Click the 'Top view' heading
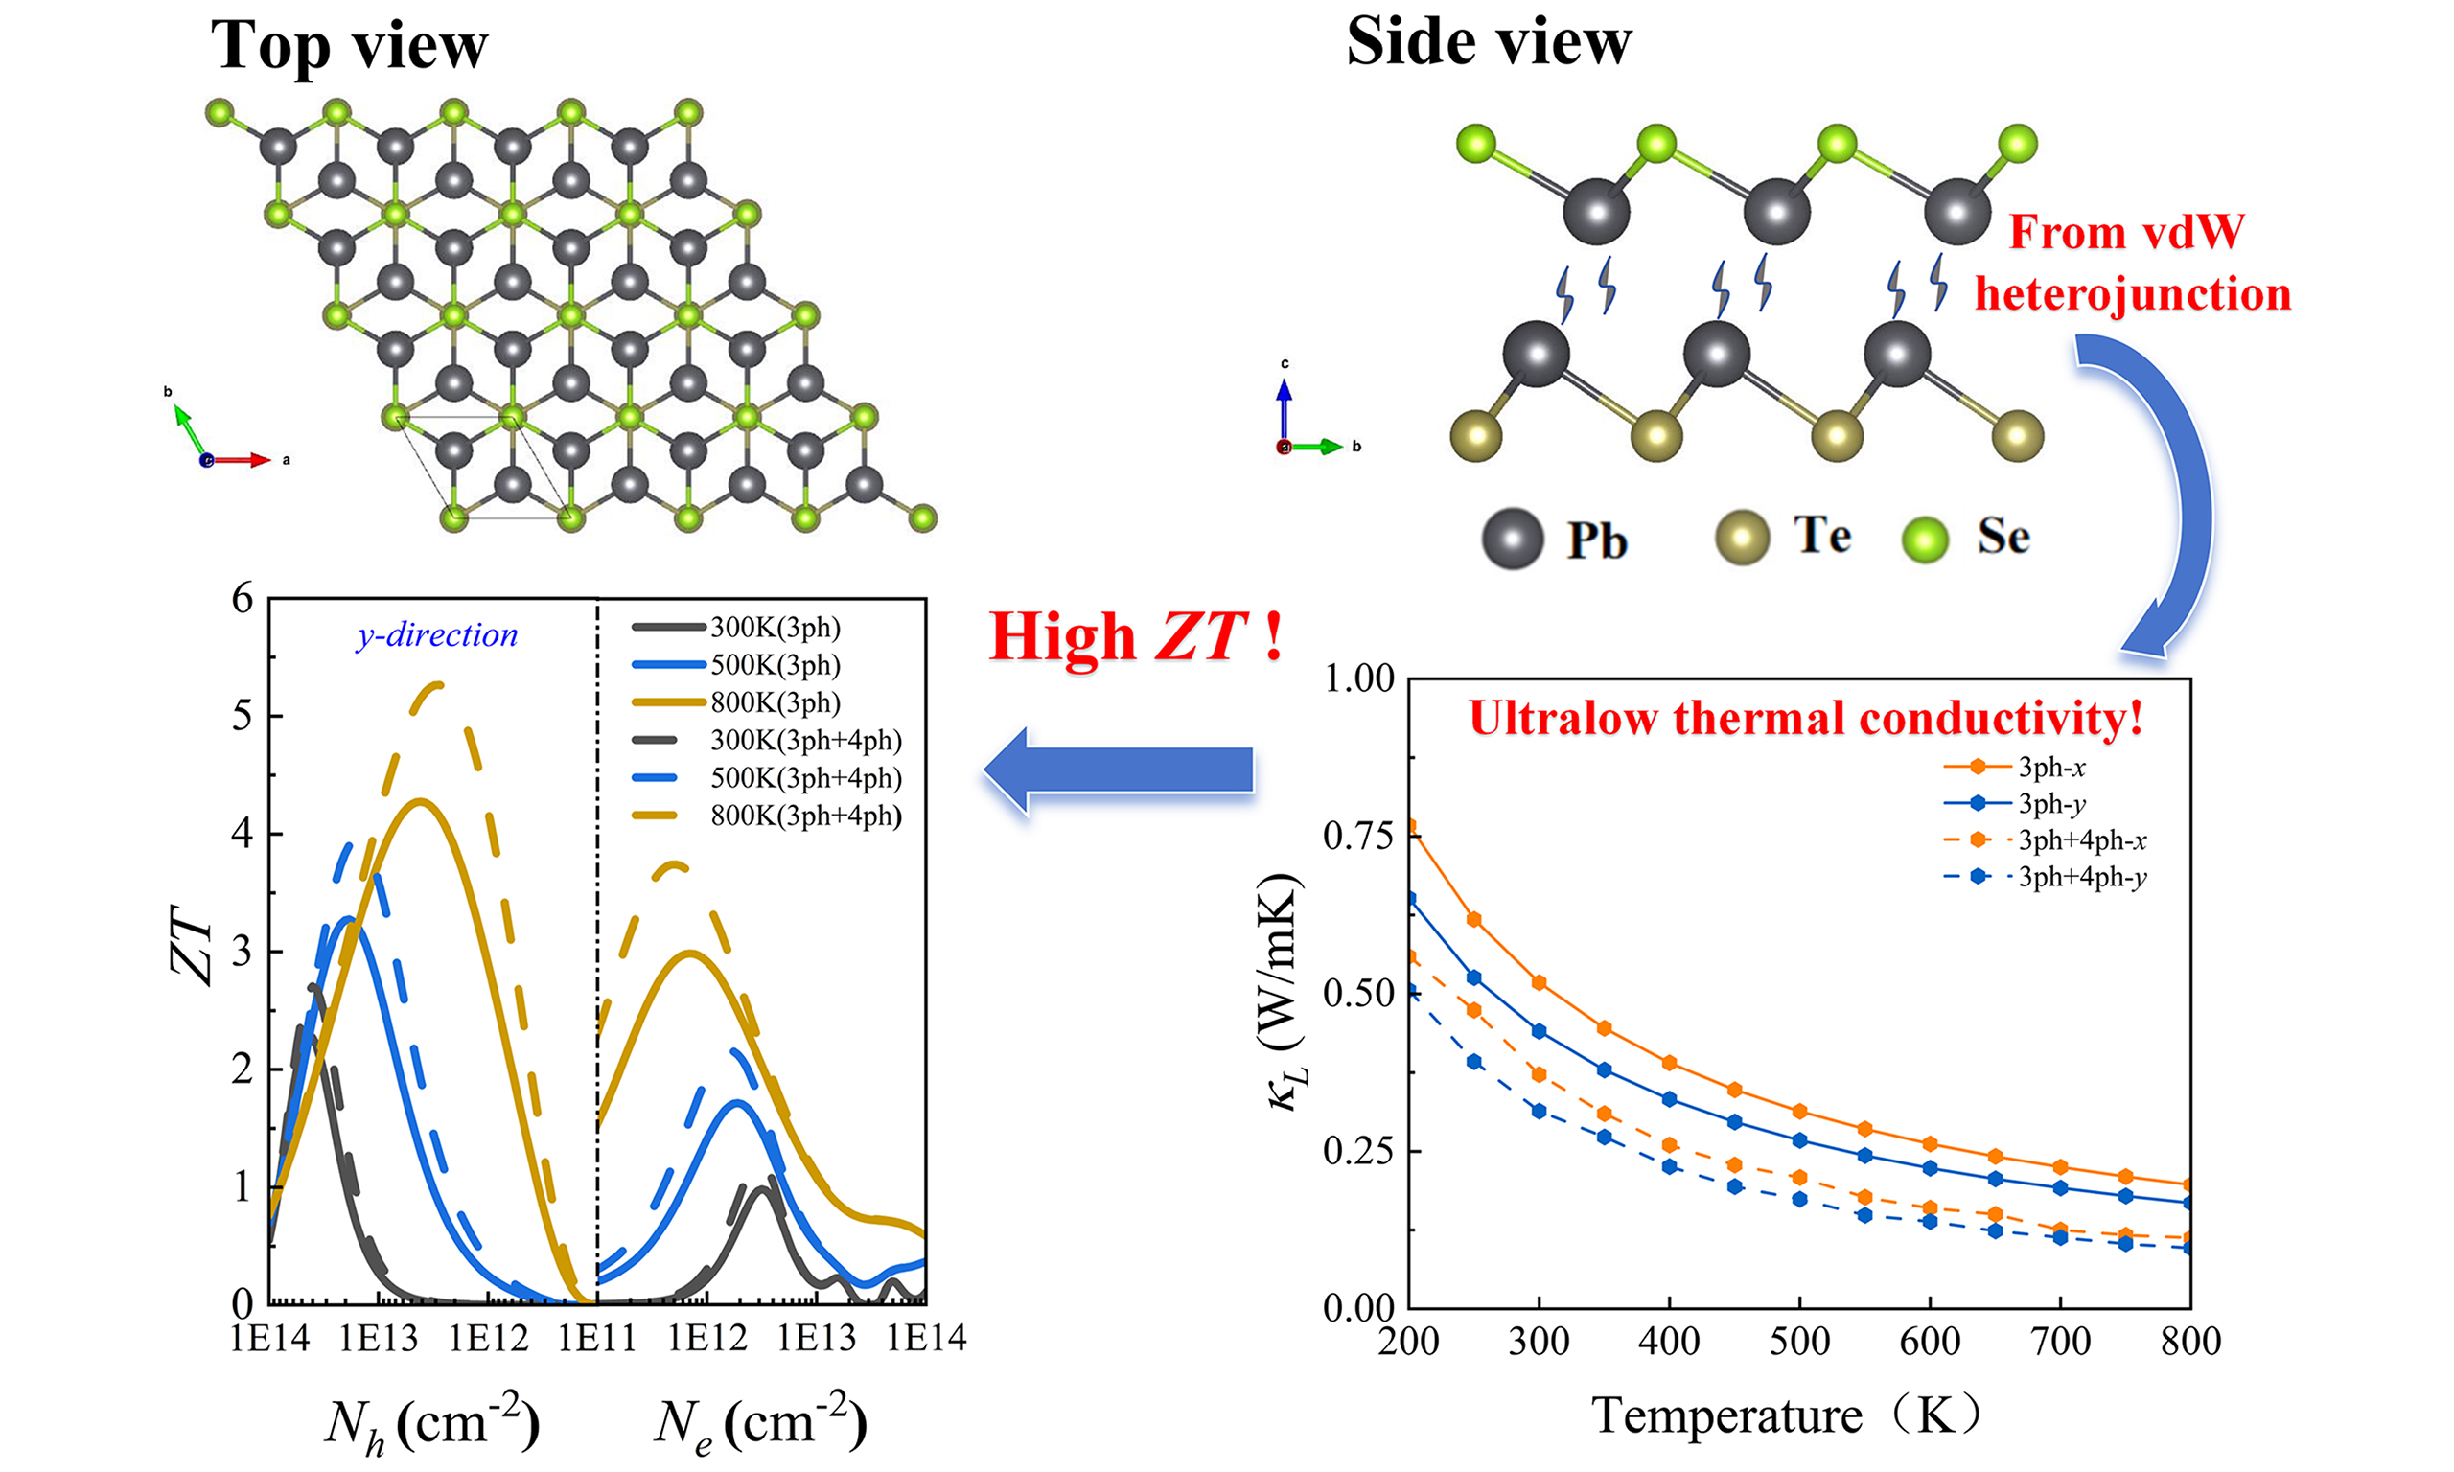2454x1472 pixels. pos(349,46)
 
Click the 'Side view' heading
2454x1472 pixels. pos(1488,43)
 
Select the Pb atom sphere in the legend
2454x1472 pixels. pos(1512,540)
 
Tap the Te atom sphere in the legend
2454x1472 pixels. pos(1742,538)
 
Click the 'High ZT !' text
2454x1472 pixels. pos(1135,635)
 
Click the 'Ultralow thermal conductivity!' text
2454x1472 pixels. pos(1805,718)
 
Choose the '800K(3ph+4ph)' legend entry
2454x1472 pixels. pos(805,816)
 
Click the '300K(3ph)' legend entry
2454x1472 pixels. pos(775,628)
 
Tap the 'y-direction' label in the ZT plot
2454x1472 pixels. pos(436,634)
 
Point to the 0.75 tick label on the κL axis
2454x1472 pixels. pos(1358,836)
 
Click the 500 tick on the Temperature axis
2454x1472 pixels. pos(1799,1342)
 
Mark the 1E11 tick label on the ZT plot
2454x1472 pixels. pos(596,1339)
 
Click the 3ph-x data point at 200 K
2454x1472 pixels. pos(1409,826)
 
